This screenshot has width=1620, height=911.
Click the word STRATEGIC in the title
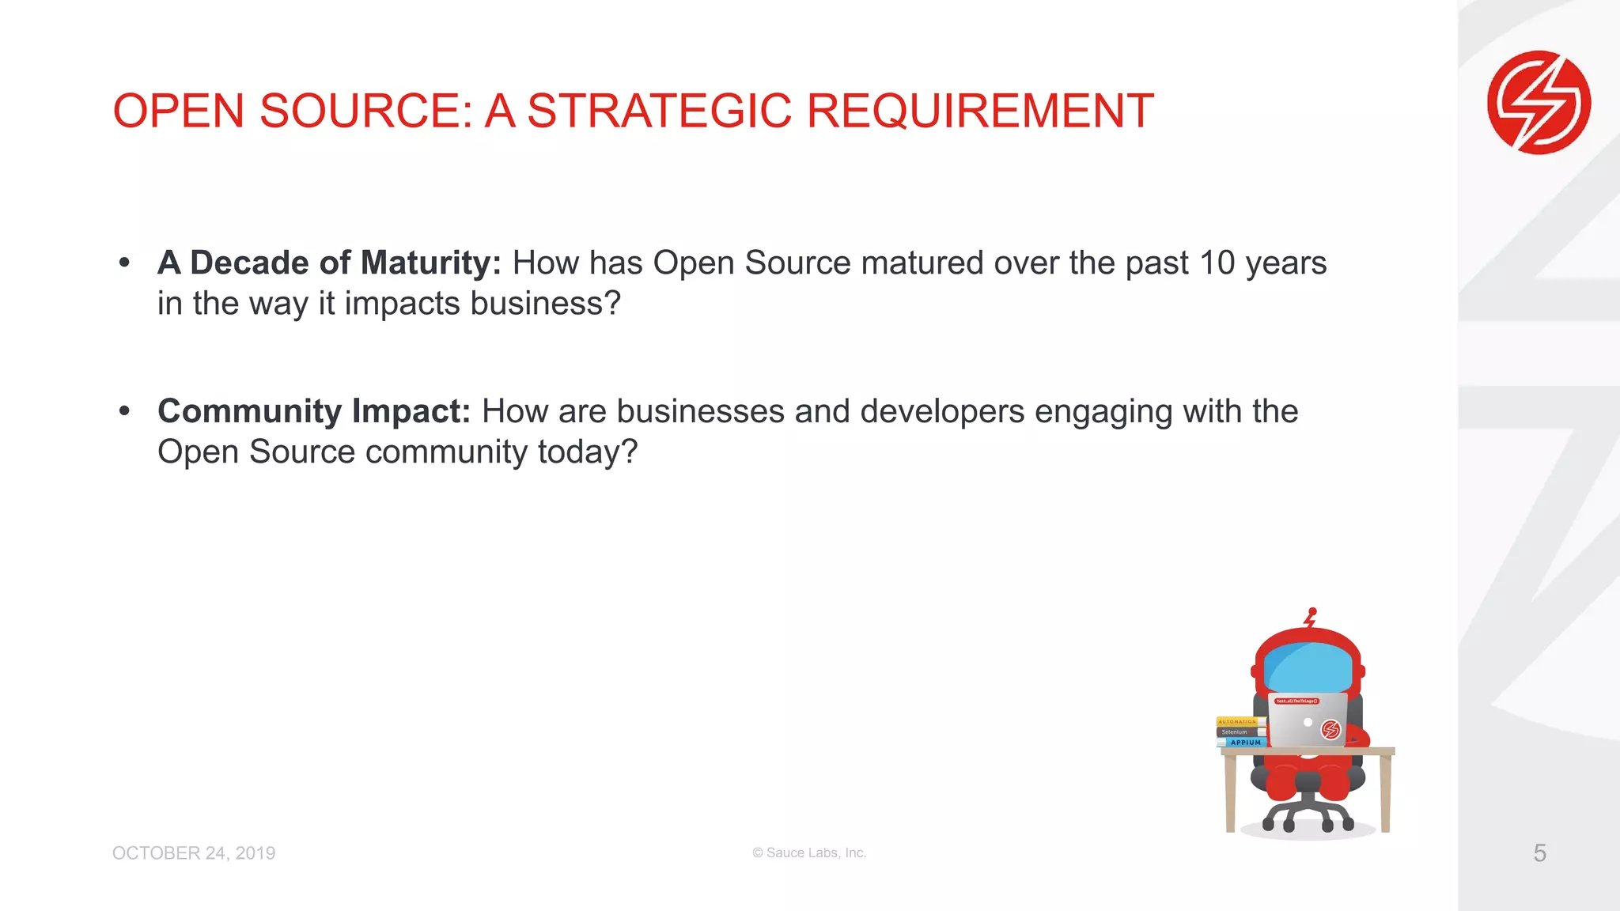(x=659, y=111)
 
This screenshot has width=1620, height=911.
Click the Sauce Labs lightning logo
(x=1539, y=103)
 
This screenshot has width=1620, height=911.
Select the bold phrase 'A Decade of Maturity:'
(x=329, y=263)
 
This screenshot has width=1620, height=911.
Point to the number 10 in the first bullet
(x=1217, y=263)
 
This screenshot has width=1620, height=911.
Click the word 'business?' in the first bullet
(x=545, y=304)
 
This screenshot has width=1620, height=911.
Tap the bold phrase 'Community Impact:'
(x=314, y=411)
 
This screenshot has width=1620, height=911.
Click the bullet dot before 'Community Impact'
(x=124, y=410)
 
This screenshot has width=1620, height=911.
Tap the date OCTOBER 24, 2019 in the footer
(x=194, y=853)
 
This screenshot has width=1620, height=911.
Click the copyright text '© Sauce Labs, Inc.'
(x=809, y=852)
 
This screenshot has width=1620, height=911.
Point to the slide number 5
(x=1539, y=852)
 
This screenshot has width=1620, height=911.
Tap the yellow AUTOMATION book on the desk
(x=1239, y=721)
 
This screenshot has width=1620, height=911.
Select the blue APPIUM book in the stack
(x=1243, y=742)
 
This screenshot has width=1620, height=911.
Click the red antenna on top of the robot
(x=1311, y=617)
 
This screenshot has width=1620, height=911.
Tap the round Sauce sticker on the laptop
(x=1331, y=729)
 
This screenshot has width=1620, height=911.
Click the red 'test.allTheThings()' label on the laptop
(x=1296, y=701)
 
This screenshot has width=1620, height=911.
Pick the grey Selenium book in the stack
(x=1239, y=731)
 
